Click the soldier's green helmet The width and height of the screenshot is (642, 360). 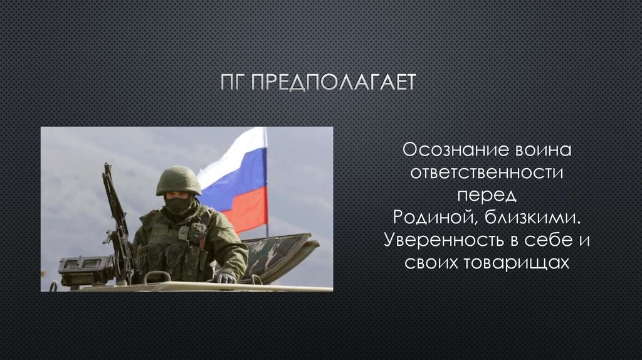pyautogui.click(x=178, y=180)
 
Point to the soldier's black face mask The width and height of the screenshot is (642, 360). pyautogui.click(x=178, y=204)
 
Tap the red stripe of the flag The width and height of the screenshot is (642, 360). pyautogui.click(x=248, y=210)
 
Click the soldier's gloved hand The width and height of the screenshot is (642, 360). pyautogui.click(x=224, y=277)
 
